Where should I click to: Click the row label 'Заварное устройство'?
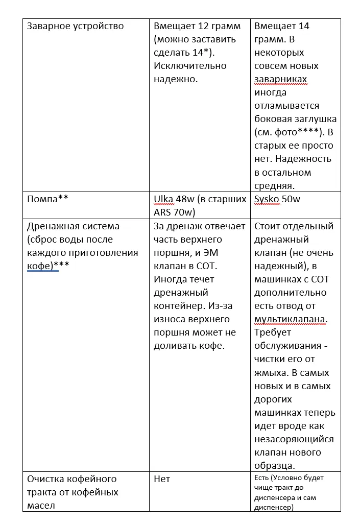75,26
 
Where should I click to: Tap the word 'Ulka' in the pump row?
163,199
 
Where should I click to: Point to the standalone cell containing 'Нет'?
162,479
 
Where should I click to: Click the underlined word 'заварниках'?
280,79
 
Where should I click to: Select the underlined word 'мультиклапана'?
290,319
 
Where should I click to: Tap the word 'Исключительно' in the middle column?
190,66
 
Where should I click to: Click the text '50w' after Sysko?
291,199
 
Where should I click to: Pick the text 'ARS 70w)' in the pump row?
174,212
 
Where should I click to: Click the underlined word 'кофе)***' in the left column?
42,266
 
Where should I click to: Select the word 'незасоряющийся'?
294,439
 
